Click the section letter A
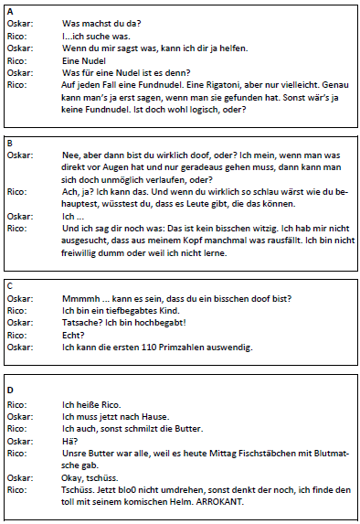tap(9, 10)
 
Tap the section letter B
tap(9, 143)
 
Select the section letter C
tap(9, 284)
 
